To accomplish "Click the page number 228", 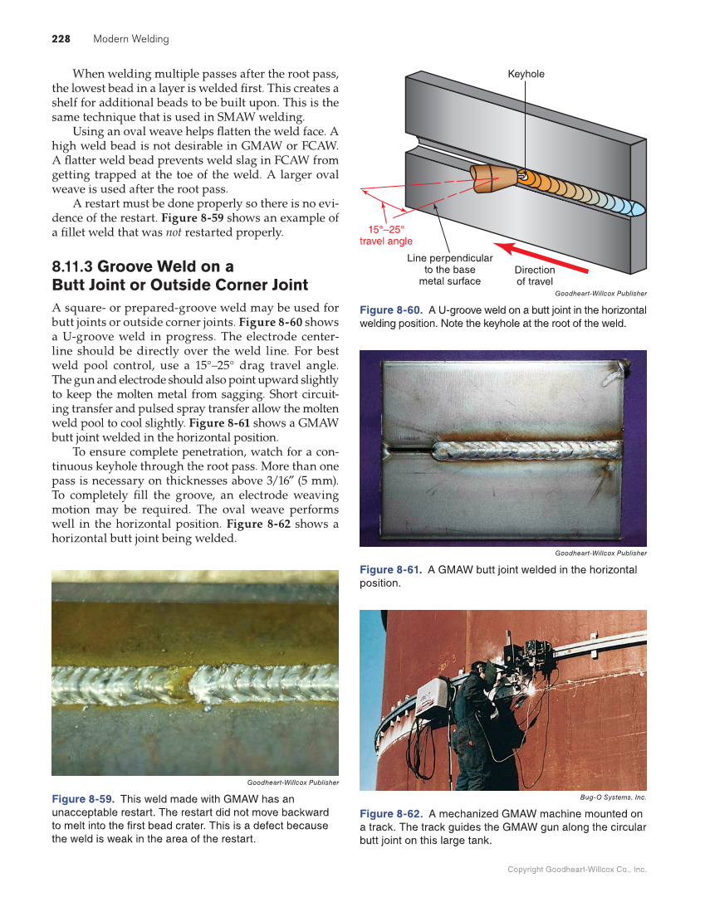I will click(61, 39).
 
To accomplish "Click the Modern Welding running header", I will click(130, 39).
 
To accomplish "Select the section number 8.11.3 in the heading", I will click(72, 266).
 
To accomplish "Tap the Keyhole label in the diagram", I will click(526, 74).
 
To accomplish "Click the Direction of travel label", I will click(534, 275).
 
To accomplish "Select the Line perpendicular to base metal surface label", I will click(449, 270).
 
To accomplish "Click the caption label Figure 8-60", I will click(391, 310).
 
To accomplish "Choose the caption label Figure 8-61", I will click(391, 569).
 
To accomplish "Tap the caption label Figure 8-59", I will click(83, 799).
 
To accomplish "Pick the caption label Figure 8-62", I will click(391, 813).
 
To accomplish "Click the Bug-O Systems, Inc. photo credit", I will click(613, 797).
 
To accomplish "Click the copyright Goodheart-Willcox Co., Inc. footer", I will click(576, 869).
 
